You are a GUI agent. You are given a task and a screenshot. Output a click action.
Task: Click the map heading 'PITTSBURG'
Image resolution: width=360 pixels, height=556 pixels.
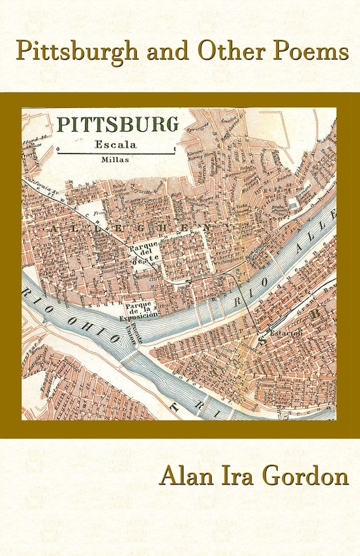coord(117,124)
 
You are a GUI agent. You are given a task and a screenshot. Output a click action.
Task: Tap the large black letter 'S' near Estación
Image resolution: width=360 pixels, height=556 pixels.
coord(262,338)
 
